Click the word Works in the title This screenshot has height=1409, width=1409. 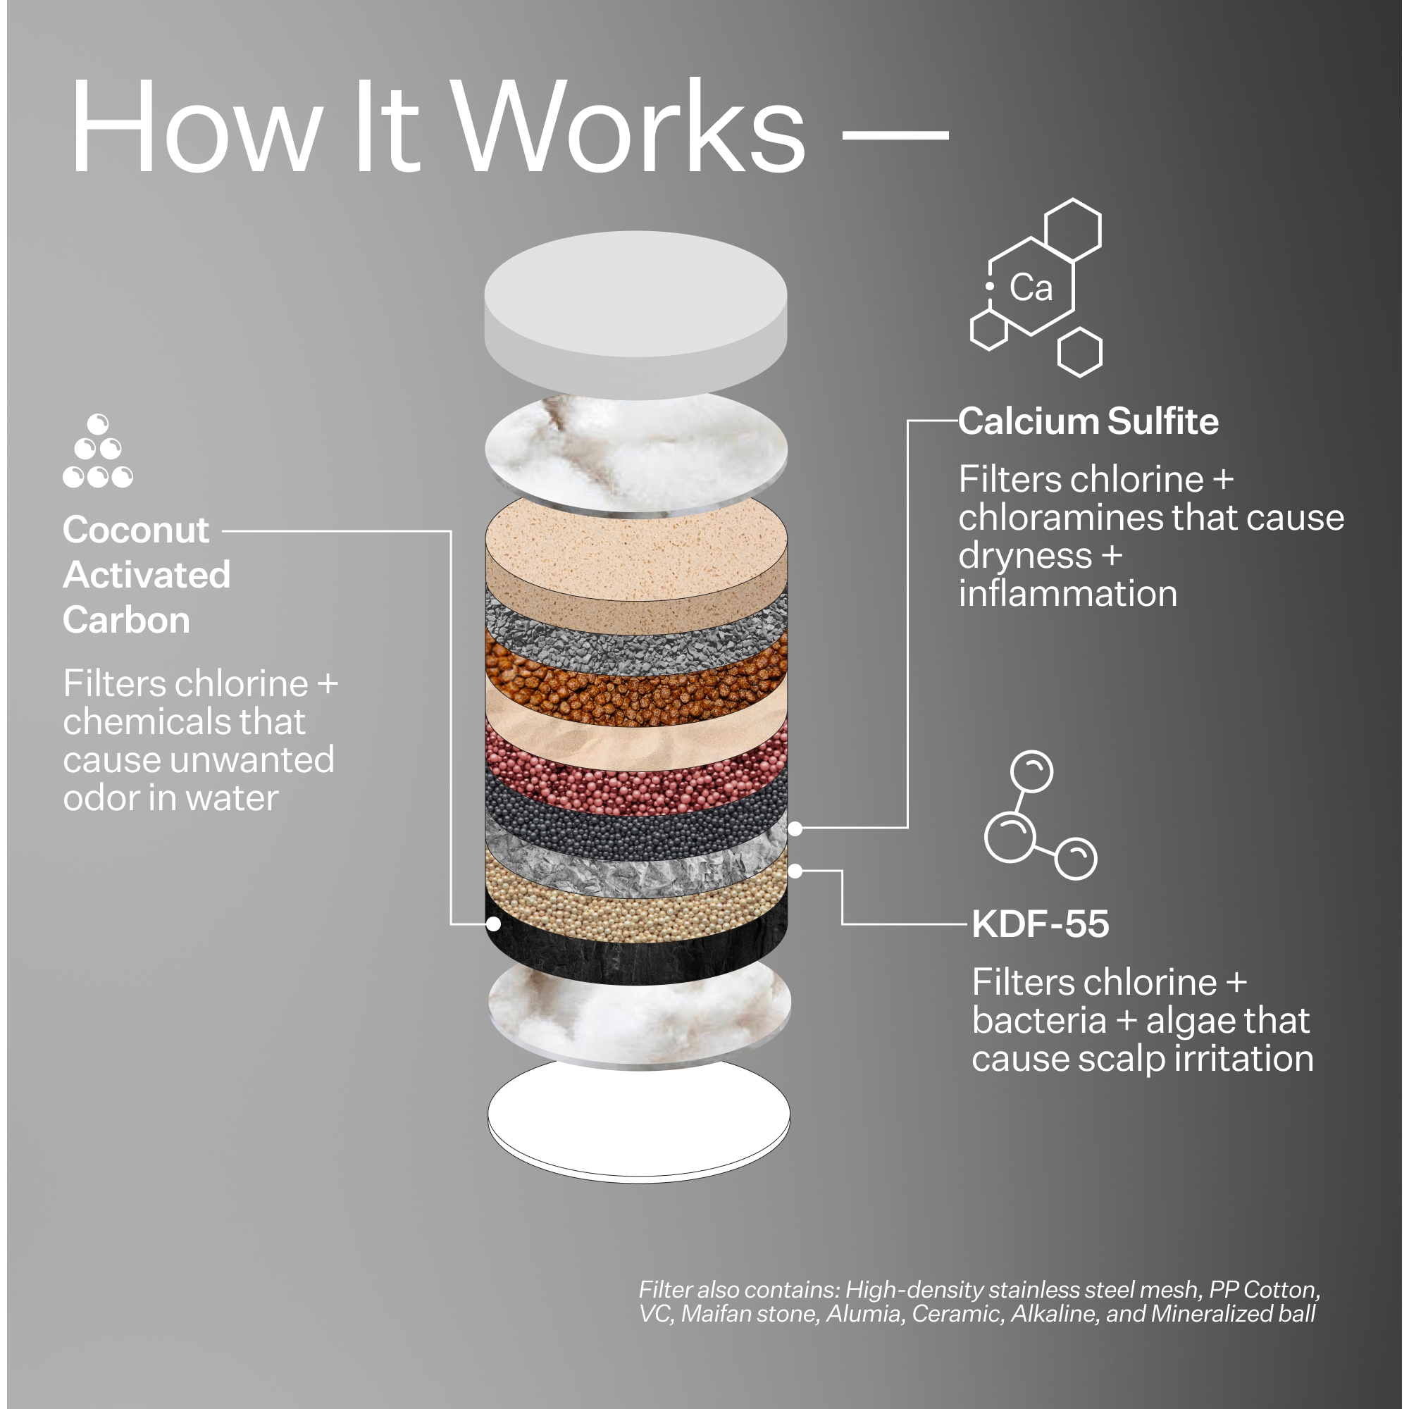[x=628, y=125]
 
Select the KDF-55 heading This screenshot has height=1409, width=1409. [x=1041, y=924]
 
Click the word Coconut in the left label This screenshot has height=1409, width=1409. [x=137, y=530]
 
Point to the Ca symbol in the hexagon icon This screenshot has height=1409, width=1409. [x=1031, y=287]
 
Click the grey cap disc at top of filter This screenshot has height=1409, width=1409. [x=635, y=314]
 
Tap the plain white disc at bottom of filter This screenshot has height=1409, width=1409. [x=639, y=1119]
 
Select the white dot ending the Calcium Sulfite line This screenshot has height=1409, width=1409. [x=795, y=828]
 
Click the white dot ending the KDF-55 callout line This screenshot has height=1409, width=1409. [x=795, y=871]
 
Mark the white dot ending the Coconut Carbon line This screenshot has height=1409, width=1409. [x=494, y=924]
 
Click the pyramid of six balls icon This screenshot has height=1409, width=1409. [x=98, y=451]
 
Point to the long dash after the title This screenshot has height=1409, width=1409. [x=895, y=135]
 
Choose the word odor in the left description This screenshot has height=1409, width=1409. [x=99, y=798]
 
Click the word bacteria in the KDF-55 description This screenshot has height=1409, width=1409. [x=1039, y=1020]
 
